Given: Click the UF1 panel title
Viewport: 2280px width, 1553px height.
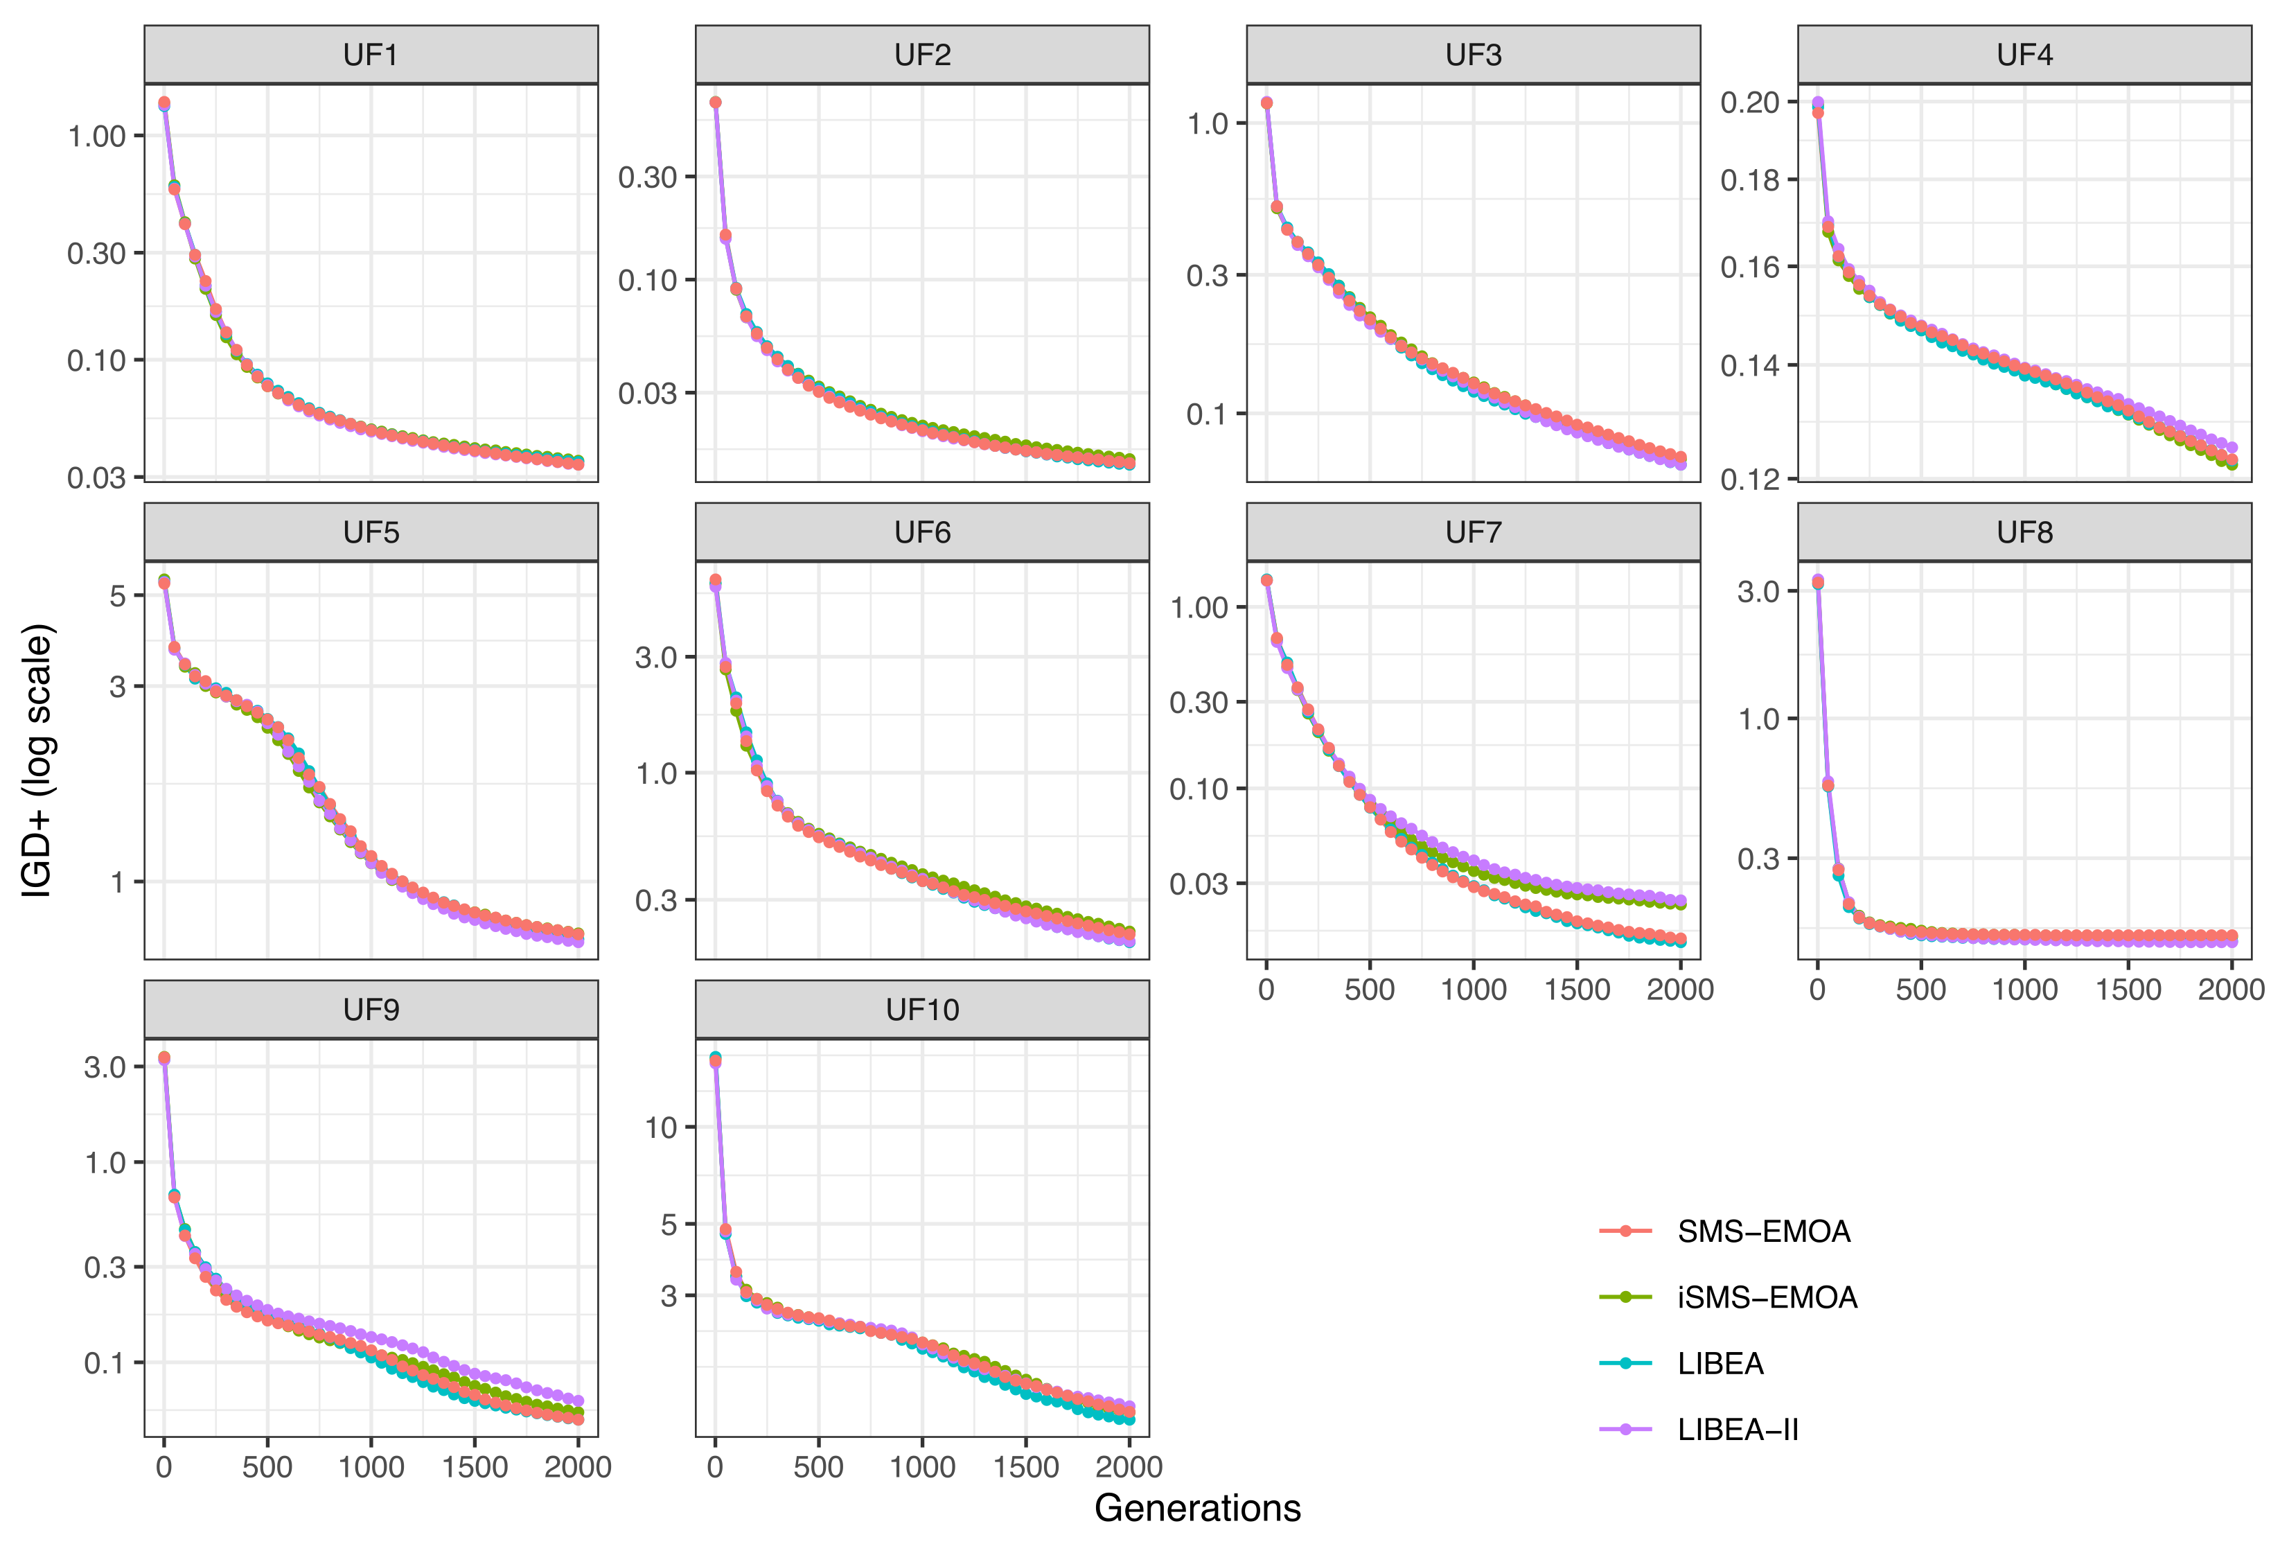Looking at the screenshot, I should [x=371, y=55].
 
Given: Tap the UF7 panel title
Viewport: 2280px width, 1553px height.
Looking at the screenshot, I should [x=1473, y=533].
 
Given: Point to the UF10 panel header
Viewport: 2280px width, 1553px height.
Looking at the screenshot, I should [x=921, y=1010].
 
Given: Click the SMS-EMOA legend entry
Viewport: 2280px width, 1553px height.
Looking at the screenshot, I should [x=1763, y=1231].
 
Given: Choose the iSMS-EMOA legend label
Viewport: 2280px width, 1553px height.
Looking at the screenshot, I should [x=1766, y=1297].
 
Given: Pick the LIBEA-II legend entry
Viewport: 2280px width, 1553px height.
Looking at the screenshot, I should [x=1736, y=1430].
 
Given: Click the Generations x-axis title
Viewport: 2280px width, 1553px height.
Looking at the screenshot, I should [x=1197, y=1508].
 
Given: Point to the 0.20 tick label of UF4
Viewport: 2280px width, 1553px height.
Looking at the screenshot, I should [x=1749, y=102].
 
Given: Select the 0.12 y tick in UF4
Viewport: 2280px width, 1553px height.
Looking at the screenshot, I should [x=1749, y=479].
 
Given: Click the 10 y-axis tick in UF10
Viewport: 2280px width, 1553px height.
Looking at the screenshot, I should [x=661, y=1128].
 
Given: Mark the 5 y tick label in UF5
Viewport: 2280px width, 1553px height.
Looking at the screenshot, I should [x=118, y=595].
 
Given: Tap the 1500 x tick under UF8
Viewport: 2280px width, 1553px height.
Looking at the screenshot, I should [x=2128, y=990].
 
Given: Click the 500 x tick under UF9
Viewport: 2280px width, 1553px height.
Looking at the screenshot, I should [x=267, y=1468].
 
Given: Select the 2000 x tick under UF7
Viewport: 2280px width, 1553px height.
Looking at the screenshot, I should [x=1679, y=990].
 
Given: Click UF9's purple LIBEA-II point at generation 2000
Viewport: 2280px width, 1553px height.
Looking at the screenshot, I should [x=578, y=1401].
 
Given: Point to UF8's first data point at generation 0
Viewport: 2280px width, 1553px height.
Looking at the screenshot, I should [x=1818, y=581].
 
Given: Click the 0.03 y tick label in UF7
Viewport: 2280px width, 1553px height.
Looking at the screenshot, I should [x=1198, y=884].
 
